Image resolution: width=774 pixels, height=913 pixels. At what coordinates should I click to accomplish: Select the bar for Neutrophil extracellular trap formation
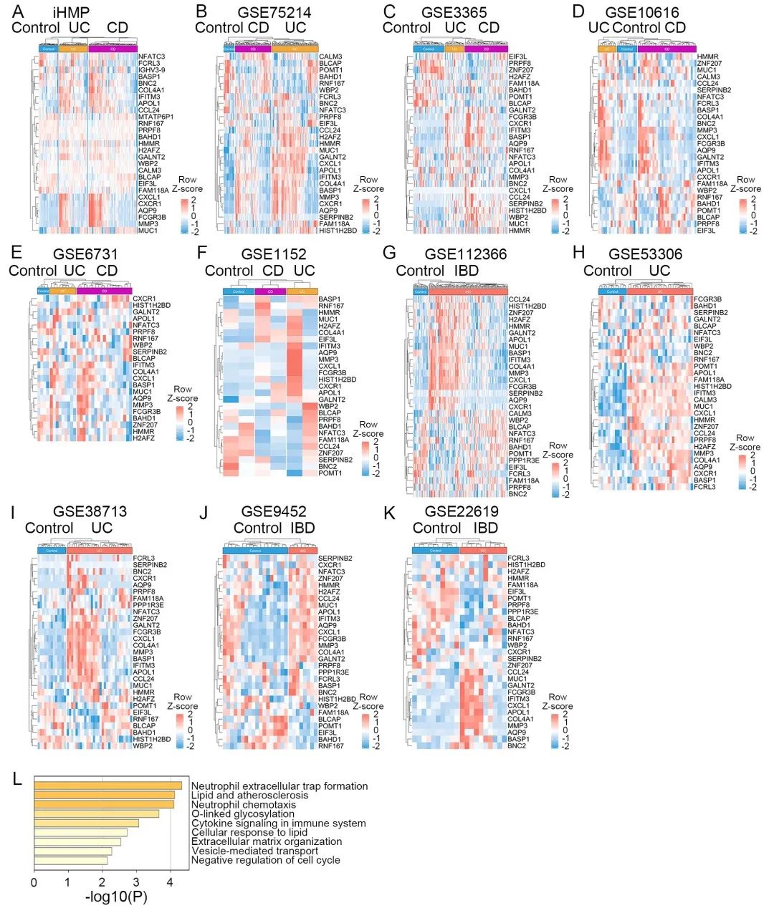(107, 786)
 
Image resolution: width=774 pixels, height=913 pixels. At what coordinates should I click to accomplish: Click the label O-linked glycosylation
(243, 814)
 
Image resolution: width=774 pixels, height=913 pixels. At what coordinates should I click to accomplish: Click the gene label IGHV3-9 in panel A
(152, 70)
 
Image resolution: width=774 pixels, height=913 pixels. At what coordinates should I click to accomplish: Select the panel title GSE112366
(465, 254)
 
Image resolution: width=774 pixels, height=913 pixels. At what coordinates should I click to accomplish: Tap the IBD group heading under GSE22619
(486, 528)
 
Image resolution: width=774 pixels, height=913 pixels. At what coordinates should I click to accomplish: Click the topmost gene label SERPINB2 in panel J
(335, 558)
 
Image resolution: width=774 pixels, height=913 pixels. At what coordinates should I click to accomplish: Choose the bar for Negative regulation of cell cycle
(70, 860)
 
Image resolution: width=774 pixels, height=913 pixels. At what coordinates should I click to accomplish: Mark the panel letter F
(202, 253)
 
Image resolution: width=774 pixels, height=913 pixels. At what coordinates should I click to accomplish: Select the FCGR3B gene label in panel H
(707, 299)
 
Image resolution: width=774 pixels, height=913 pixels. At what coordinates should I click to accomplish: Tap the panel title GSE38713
(90, 511)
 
